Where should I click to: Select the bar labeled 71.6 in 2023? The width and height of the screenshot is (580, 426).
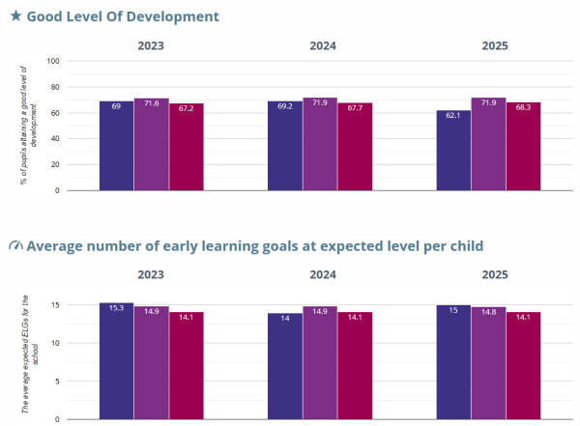pyautogui.click(x=151, y=145)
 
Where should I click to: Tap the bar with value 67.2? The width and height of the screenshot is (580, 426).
pyautogui.click(x=186, y=147)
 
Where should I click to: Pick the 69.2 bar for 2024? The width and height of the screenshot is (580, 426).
pyautogui.click(x=285, y=146)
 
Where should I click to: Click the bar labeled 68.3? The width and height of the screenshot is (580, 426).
pyautogui.click(x=524, y=147)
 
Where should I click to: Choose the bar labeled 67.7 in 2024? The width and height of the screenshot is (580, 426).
pyautogui.click(x=355, y=147)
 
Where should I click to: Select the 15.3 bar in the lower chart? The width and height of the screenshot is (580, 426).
pyautogui.click(x=116, y=361)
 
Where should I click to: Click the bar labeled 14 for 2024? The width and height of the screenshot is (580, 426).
pyautogui.click(x=285, y=366)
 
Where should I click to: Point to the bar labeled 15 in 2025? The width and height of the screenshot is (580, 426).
pyautogui.click(x=454, y=362)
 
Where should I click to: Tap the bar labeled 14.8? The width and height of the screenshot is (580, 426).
pyautogui.click(x=489, y=363)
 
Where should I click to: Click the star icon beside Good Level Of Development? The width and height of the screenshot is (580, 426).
pyautogui.click(x=15, y=17)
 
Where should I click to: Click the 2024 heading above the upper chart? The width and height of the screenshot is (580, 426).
pyautogui.click(x=322, y=45)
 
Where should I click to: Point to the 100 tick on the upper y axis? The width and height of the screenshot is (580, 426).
pyautogui.click(x=53, y=61)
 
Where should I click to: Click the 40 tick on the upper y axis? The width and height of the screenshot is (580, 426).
pyautogui.click(x=55, y=139)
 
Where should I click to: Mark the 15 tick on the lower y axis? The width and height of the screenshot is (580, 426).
pyautogui.click(x=56, y=305)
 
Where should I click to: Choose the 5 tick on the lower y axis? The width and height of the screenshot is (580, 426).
pyautogui.click(x=58, y=381)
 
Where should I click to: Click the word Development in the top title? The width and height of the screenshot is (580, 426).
pyautogui.click(x=176, y=17)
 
